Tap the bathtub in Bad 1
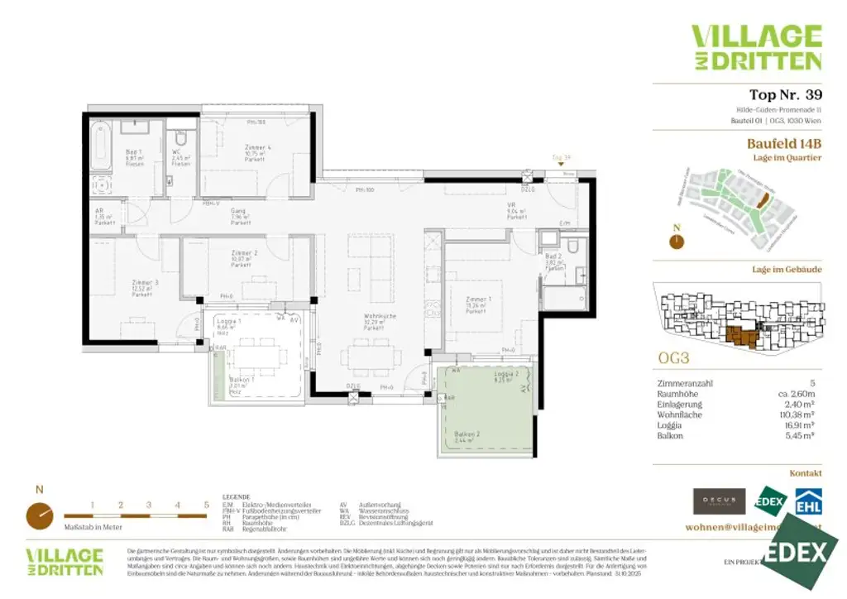[100, 147]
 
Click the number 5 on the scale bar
[206, 504]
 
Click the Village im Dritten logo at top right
[755, 47]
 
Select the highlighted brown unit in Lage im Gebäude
[742, 337]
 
